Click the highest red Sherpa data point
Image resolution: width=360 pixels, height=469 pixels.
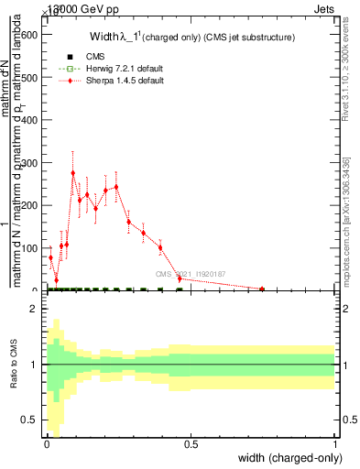tap(73, 173)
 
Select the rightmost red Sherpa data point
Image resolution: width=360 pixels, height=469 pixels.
tap(262, 289)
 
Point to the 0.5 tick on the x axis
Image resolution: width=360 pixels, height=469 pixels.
tap(191, 444)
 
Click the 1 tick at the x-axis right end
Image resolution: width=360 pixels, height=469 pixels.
tap(335, 444)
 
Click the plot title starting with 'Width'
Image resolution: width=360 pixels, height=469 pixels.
tap(191, 38)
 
